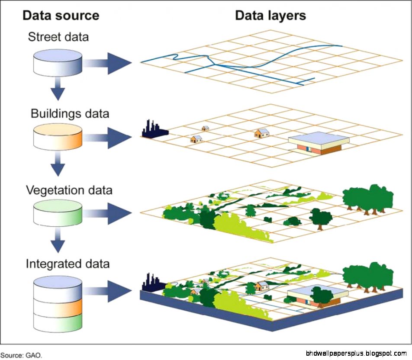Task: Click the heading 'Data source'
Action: click(x=61, y=16)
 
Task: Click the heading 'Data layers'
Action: click(x=270, y=16)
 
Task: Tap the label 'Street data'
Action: click(x=58, y=37)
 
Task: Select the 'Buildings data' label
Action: click(x=70, y=114)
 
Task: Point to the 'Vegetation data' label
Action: click(x=69, y=190)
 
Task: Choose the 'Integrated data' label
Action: click(x=68, y=264)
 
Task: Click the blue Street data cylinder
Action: click(x=58, y=62)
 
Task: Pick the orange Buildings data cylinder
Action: click(x=58, y=138)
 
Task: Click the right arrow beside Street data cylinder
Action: click(x=108, y=63)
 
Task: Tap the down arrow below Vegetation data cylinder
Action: click(x=58, y=242)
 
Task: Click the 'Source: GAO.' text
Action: click(x=22, y=355)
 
